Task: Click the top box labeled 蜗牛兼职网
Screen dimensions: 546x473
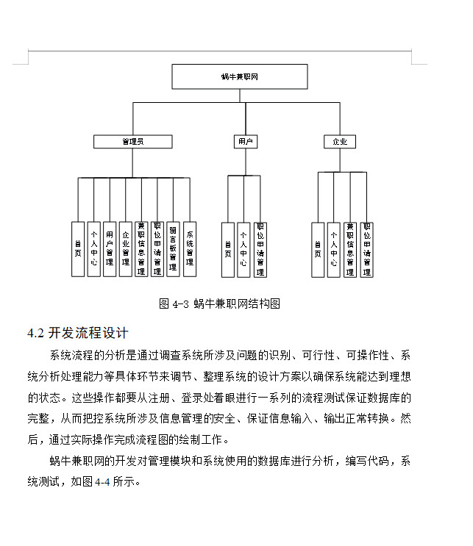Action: point(240,76)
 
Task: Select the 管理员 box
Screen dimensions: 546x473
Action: point(132,141)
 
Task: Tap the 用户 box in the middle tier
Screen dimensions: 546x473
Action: point(245,141)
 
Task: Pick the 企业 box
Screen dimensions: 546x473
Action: point(340,141)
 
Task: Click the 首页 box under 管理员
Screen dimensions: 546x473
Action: point(77,248)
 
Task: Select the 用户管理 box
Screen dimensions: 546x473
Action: point(110,248)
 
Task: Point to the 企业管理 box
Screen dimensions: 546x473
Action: point(126,248)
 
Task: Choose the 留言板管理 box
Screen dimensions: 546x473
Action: point(173,248)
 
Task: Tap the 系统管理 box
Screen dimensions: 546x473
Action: point(190,248)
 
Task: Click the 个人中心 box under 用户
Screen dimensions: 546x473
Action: point(243,248)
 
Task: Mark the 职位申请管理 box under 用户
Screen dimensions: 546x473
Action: point(260,248)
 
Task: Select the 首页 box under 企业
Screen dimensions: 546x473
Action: point(318,248)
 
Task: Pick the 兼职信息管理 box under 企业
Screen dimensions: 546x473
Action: point(350,248)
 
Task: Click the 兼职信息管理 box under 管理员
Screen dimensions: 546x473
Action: point(141,248)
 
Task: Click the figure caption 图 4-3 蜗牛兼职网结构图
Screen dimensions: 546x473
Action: point(220,303)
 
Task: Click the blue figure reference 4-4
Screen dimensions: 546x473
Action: point(103,483)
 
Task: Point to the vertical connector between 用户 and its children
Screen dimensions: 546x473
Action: point(245,162)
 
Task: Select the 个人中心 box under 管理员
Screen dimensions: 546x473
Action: point(93,248)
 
